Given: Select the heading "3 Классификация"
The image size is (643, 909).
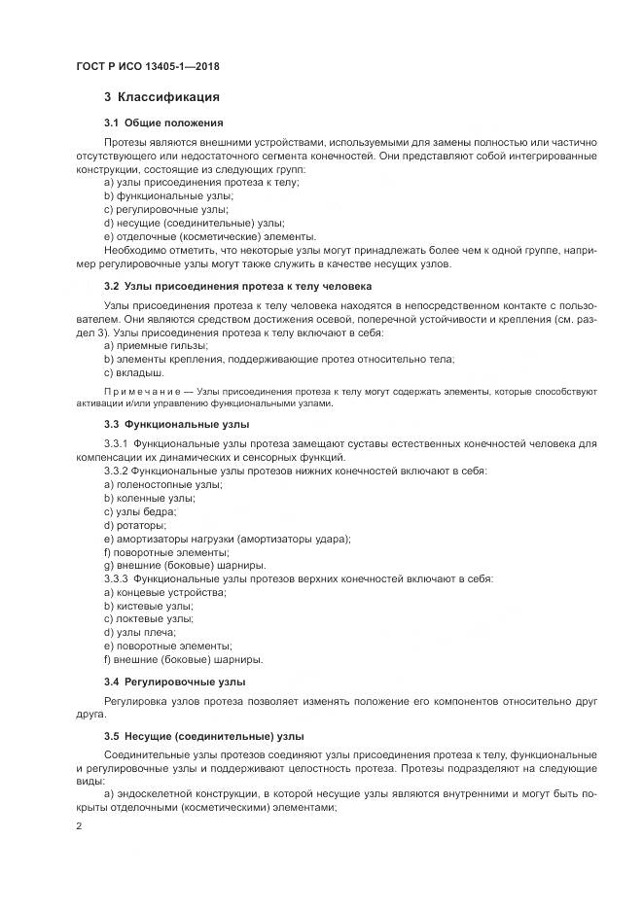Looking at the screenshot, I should [x=161, y=97].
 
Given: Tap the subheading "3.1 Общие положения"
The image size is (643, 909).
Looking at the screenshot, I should [x=163, y=122].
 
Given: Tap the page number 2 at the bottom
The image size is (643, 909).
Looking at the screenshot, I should [x=79, y=825].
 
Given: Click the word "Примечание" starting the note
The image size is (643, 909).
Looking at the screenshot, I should [x=137, y=391].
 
